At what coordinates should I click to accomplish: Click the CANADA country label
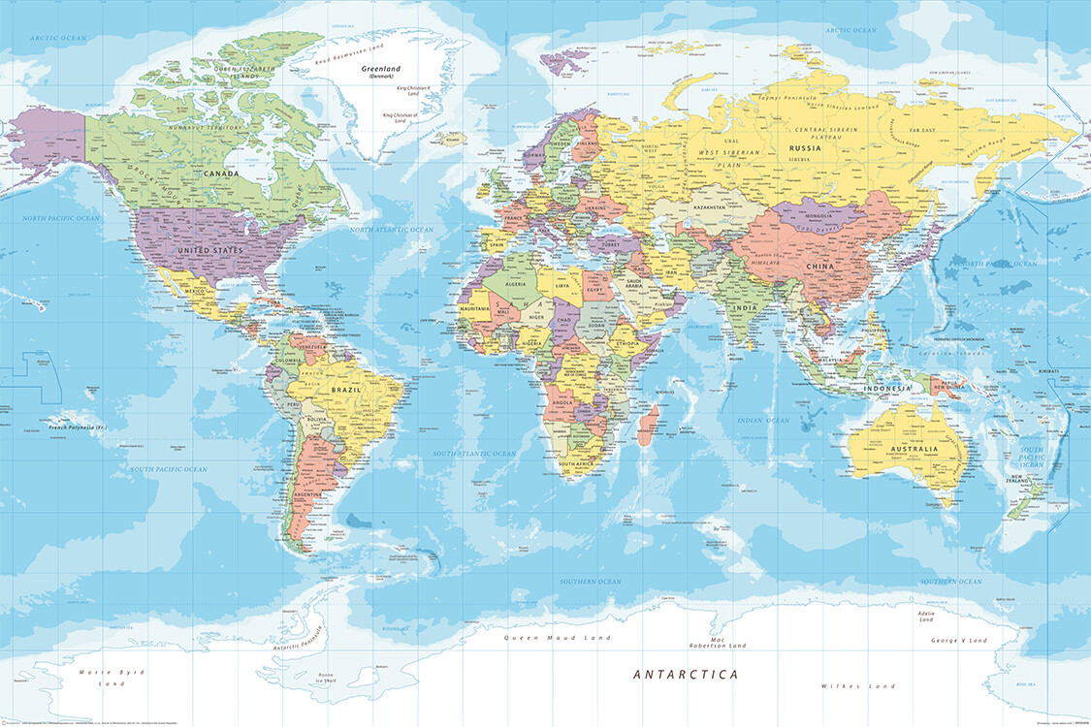point(222,174)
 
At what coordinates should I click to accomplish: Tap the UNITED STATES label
point(209,250)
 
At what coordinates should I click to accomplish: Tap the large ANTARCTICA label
point(686,674)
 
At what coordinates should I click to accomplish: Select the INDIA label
point(744,307)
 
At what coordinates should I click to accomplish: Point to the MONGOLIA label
point(804,214)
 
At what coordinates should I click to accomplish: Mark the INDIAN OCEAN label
point(763,421)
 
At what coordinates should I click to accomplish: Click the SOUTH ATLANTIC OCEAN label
point(474,453)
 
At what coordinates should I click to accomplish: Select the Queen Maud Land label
point(557,638)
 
